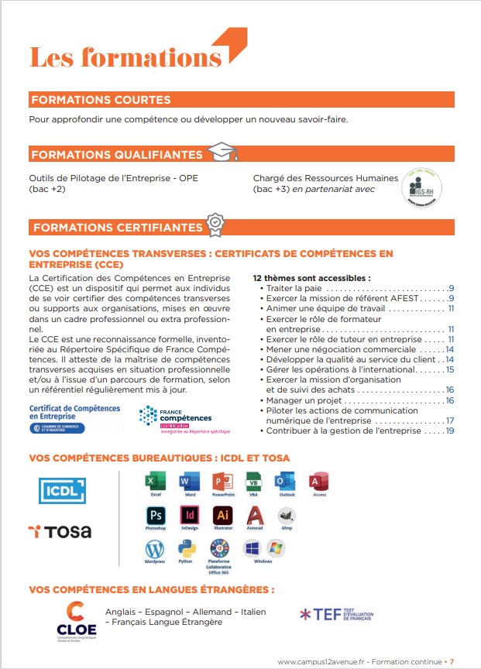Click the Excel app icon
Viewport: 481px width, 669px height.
(x=156, y=482)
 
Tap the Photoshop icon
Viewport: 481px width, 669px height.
(x=155, y=516)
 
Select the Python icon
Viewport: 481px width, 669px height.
(x=185, y=549)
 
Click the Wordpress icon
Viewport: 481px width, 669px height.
(x=155, y=549)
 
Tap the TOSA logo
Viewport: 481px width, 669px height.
(x=60, y=531)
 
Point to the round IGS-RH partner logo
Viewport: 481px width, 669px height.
(x=421, y=188)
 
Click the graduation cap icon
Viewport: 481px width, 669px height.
(x=222, y=153)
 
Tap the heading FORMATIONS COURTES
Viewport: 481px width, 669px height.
(x=100, y=100)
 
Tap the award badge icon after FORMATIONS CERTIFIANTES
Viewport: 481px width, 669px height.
(x=215, y=225)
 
